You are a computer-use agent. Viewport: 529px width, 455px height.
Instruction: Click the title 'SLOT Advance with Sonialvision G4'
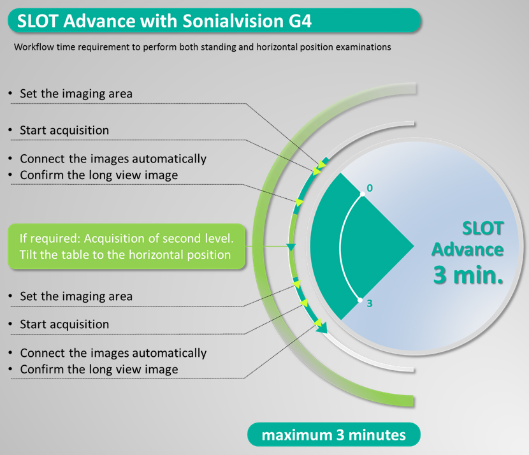click(164, 21)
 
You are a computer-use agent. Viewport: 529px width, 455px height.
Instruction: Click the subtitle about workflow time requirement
click(203, 47)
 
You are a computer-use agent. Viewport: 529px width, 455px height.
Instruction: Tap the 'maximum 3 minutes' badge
click(334, 435)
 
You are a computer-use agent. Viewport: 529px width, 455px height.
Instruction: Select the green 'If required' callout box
click(127, 246)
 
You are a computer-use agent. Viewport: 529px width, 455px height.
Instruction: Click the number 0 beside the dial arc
click(370, 188)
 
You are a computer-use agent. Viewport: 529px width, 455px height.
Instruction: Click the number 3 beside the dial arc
click(370, 303)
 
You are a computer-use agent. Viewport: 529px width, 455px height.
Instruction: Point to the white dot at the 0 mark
click(363, 194)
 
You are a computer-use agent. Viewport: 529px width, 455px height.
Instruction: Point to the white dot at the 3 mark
click(360, 300)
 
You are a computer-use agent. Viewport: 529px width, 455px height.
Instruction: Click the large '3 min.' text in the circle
click(468, 275)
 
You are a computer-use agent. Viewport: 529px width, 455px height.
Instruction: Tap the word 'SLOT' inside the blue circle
click(482, 228)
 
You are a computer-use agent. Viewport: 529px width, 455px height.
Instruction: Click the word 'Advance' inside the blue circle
click(468, 250)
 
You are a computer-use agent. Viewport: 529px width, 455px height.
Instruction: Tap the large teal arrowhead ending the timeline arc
click(322, 328)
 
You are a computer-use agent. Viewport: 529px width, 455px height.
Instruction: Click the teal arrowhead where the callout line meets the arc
click(291, 247)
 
